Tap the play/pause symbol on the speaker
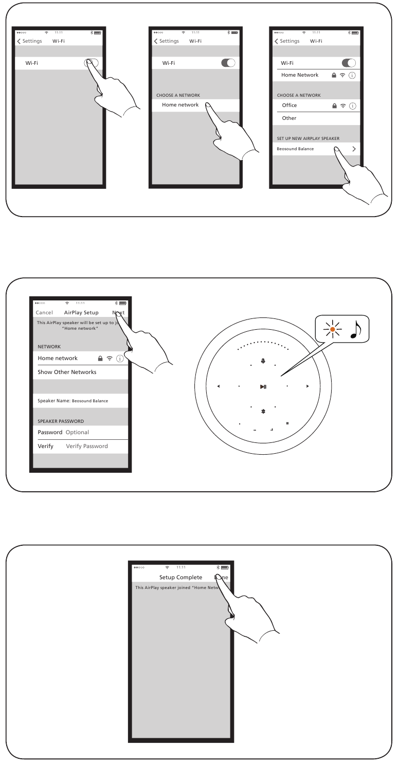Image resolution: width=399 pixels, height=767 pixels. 263,386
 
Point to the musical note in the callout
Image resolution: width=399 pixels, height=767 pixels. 355,330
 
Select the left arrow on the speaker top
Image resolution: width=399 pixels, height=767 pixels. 219,386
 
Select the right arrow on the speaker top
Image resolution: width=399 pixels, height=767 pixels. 307,386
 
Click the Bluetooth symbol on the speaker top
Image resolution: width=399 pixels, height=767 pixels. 263,413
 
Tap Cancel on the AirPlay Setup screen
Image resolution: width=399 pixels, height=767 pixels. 44,313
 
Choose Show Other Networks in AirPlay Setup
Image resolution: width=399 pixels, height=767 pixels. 67,372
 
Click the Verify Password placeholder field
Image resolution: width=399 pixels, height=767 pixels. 87,446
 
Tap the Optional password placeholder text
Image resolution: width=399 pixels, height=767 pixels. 77,432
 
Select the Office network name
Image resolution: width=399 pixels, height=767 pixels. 289,105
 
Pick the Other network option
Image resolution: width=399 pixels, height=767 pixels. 289,118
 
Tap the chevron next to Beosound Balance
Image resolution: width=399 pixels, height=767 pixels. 354,149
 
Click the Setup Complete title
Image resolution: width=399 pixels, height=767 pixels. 180,577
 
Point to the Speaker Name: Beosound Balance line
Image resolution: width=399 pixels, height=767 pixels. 73,401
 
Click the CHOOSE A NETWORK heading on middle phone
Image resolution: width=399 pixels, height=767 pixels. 178,95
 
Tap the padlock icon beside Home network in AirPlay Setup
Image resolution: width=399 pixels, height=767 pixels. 100,359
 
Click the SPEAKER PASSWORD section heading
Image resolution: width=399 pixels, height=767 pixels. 61,421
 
